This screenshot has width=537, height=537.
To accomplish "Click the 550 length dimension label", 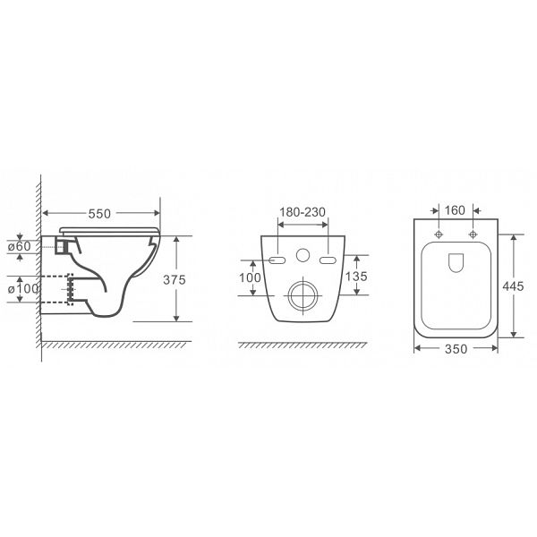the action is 99,214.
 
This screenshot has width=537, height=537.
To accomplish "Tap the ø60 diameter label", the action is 19,246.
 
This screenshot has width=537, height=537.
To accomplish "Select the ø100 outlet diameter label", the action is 23,289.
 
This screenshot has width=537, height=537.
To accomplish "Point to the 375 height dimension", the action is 175,279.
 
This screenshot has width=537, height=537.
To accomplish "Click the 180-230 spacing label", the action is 303,212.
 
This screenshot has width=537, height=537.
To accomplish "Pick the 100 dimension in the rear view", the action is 250,277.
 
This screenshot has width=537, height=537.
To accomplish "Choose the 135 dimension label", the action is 356,276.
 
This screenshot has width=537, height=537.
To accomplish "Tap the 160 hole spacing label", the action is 455,210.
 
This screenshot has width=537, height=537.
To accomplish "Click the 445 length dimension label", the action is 513,286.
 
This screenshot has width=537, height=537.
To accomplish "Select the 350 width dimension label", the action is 456,349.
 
